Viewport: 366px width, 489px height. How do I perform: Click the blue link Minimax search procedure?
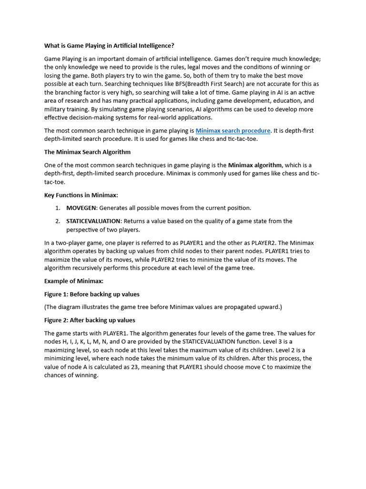click(x=233, y=130)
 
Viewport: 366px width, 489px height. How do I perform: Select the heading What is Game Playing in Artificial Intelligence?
click(x=109, y=46)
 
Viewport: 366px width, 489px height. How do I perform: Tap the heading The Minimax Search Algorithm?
click(x=87, y=152)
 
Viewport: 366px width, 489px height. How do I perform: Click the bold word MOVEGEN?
click(x=81, y=208)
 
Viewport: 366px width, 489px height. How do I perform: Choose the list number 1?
click(x=57, y=208)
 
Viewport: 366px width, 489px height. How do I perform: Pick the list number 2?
click(x=57, y=221)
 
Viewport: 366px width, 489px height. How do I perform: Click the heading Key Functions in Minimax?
click(x=81, y=195)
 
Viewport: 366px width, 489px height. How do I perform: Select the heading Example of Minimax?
click(x=74, y=281)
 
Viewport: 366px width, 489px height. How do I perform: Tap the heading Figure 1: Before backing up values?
click(x=92, y=294)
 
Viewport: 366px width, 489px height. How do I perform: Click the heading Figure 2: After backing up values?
click(x=90, y=320)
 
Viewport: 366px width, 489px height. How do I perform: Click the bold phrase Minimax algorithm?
click(x=255, y=165)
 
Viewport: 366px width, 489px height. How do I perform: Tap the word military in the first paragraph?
click(x=56, y=109)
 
